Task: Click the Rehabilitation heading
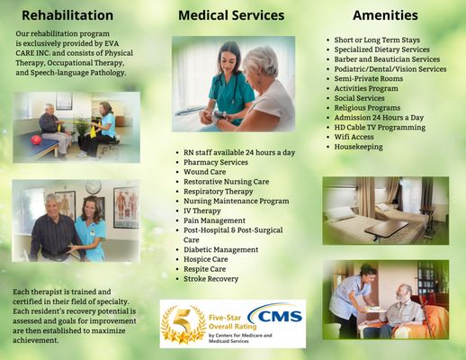[x=67, y=15]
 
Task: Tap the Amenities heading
[x=385, y=15]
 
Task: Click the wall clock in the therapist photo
[x=94, y=187]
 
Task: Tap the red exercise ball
[x=36, y=139]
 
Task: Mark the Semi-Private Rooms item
[x=369, y=78]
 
